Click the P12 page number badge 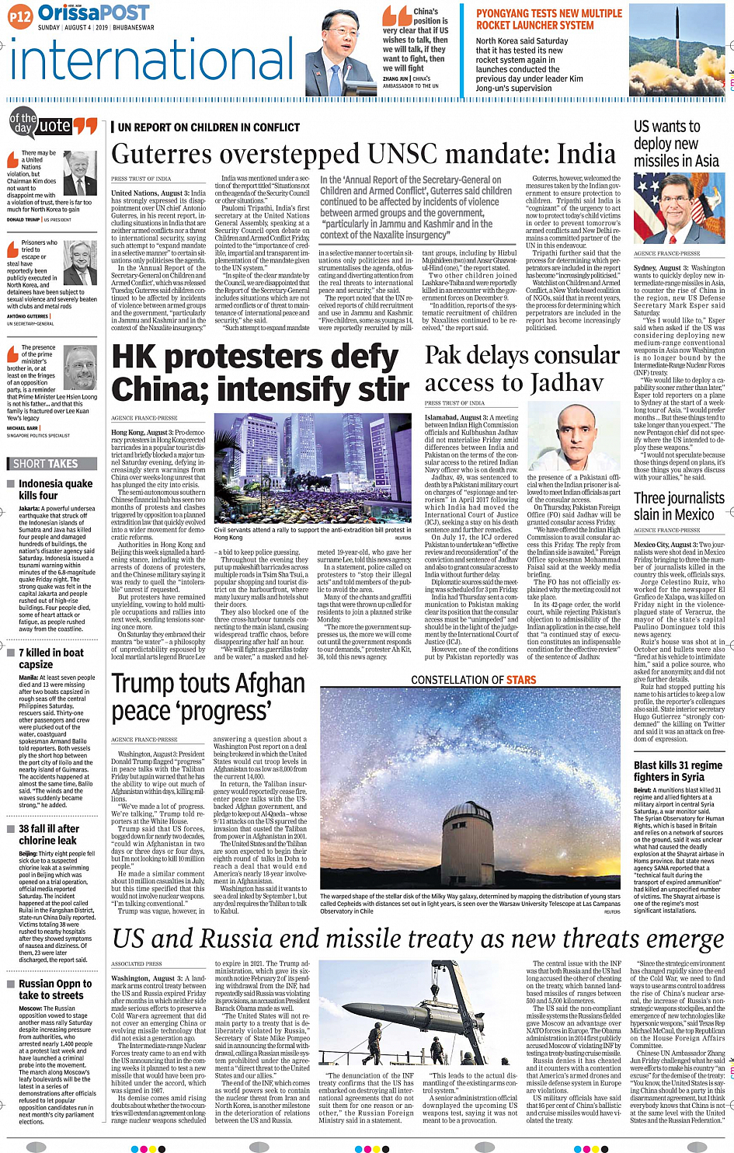(20, 15)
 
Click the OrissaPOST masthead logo (93, 13)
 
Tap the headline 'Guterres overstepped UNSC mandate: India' (364, 155)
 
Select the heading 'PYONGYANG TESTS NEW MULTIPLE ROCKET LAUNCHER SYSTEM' (548, 19)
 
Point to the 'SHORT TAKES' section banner (47, 464)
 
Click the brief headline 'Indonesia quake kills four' (54, 489)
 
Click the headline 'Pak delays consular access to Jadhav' (521, 368)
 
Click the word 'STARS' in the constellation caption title (520, 680)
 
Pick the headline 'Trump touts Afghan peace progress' (208, 697)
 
